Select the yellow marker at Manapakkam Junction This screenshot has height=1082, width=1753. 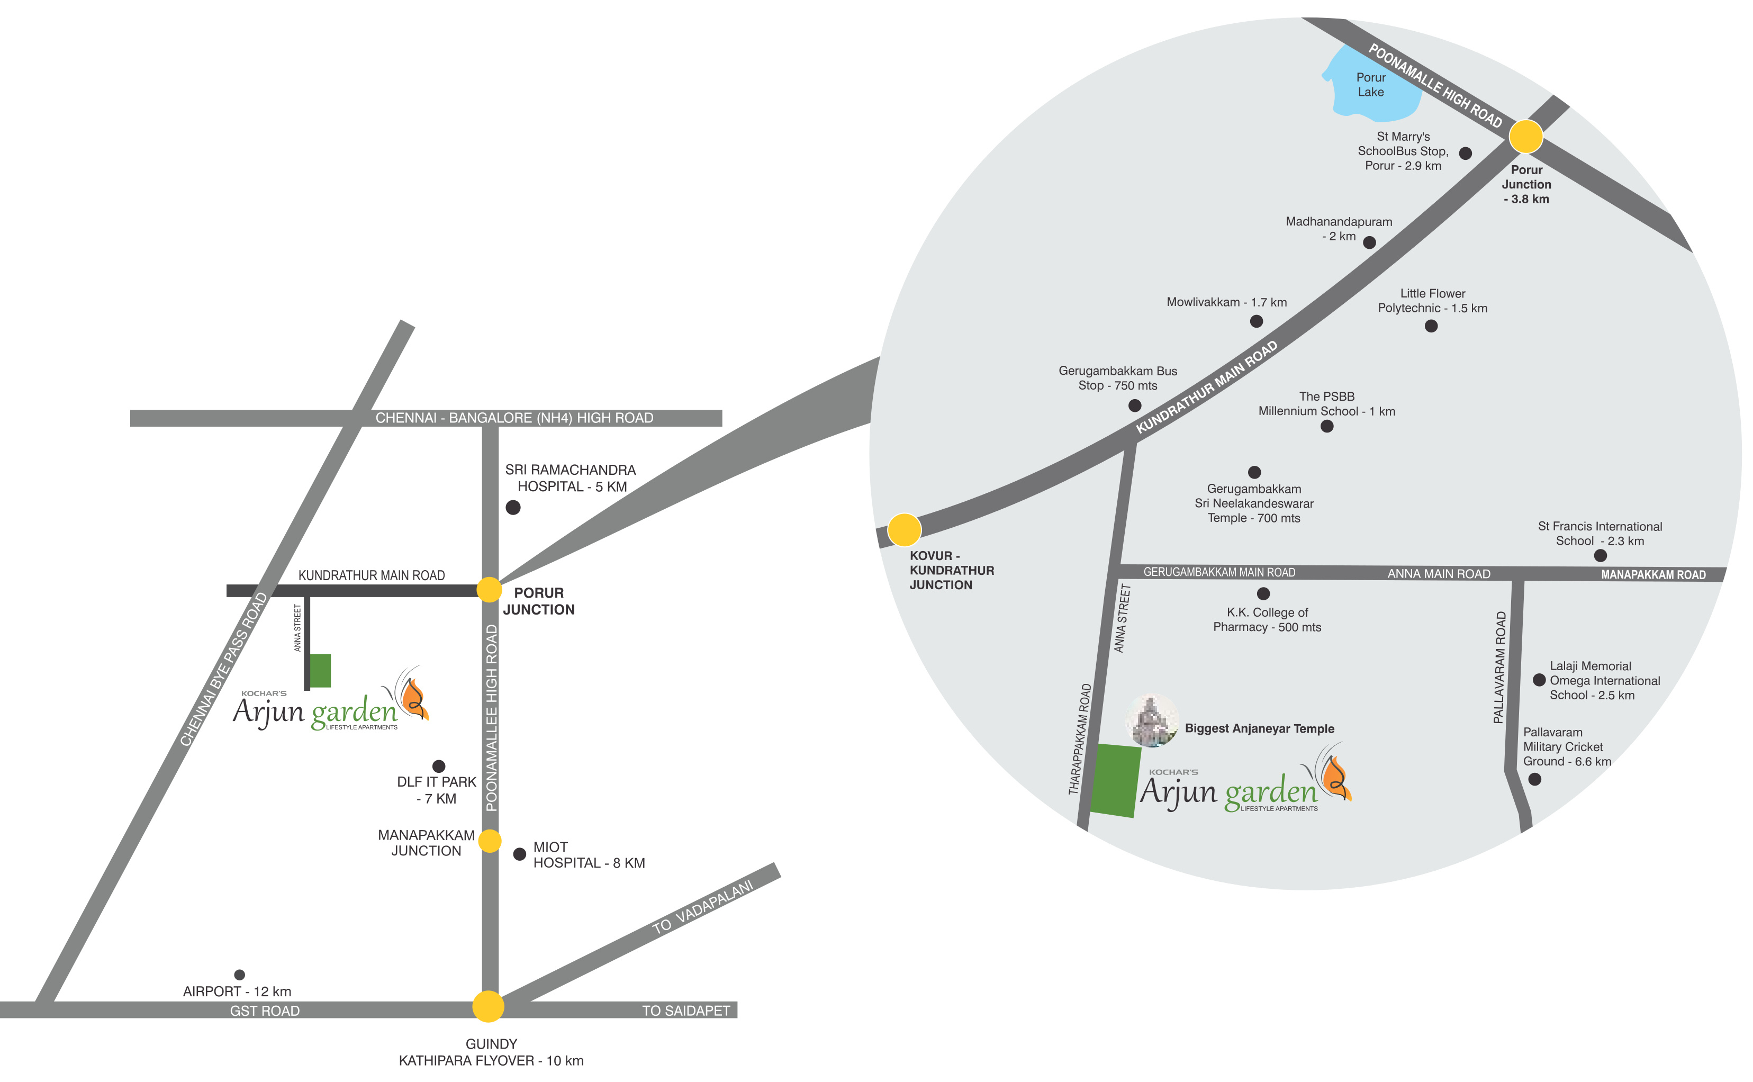coord(490,841)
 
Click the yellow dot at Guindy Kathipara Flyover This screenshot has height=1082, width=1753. coord(488,1006)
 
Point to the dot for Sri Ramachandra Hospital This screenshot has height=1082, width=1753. coord(513,507)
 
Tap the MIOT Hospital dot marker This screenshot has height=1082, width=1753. coord(519,854)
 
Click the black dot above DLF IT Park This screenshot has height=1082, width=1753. coord(439,767)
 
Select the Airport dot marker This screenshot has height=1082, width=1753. coord(240,975)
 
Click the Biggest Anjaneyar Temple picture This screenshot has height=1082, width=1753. coord(1151,720)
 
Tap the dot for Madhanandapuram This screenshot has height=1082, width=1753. coord(1369,242)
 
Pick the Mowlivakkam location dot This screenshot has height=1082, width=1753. coord(1257,321)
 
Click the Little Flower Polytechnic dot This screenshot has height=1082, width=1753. coord(1431,326)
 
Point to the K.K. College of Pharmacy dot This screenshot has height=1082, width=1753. coord(1263,593)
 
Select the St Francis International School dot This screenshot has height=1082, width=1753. coord(1601,555)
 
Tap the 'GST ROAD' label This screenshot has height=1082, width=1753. coord(265,1011)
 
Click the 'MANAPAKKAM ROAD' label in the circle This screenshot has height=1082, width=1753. coord(1653,575)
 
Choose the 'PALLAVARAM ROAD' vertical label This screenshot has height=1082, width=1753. coord(1499,668)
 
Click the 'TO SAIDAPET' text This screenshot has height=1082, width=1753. coord(685,1011)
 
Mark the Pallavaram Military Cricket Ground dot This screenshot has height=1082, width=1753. coord(1535,779)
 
